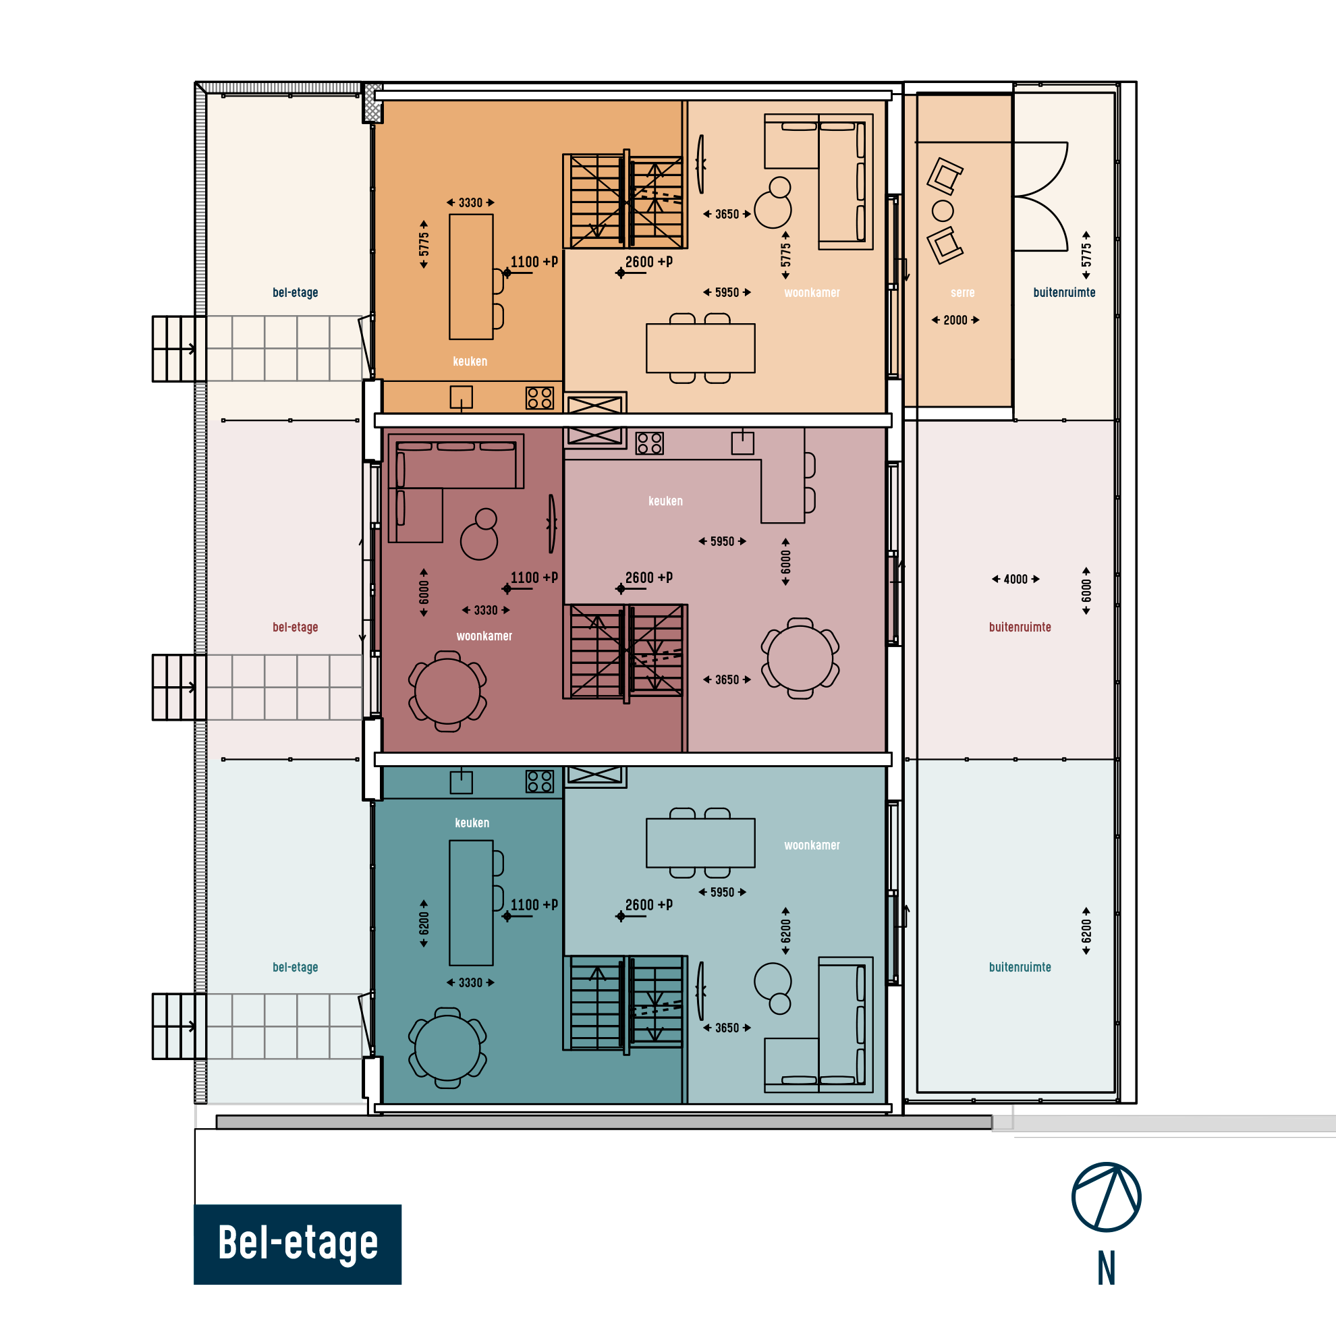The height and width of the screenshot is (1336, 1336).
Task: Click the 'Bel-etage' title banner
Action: coord(298,1244)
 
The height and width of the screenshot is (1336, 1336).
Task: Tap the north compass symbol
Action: coord(1107,1197)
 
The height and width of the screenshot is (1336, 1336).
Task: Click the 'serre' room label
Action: coord(963,293)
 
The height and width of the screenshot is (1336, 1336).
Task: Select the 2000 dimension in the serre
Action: coord(955,321)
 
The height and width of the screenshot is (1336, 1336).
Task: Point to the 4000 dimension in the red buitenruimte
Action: coord(1015,579)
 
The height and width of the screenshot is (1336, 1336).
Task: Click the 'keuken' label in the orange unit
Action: coord(470,361)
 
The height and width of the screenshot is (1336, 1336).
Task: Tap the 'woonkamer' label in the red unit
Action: coord(484,636)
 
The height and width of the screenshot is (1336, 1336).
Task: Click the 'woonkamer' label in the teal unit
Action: coord(812,845)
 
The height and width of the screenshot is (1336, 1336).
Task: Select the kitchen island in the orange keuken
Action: coord(471,277)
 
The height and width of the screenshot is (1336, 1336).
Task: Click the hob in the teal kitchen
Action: coord(539,781)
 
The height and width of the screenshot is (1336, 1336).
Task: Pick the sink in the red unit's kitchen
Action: coord(742,443)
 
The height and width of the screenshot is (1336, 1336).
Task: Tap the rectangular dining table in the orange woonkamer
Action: coord(700,347)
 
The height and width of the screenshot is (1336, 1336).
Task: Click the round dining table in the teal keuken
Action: coord(447,1048)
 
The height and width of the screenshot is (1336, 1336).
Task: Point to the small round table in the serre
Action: coord(943,211)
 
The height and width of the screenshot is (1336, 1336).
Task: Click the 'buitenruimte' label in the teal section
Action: coord(1020,967)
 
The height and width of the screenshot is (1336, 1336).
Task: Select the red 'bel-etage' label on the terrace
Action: coord(296,628)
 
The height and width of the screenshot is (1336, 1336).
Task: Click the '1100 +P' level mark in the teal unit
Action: coord(534,904)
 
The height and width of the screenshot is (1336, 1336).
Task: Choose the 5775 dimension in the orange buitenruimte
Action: coord(1086,255)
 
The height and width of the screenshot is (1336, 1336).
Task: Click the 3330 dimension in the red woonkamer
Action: coord(485,610)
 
